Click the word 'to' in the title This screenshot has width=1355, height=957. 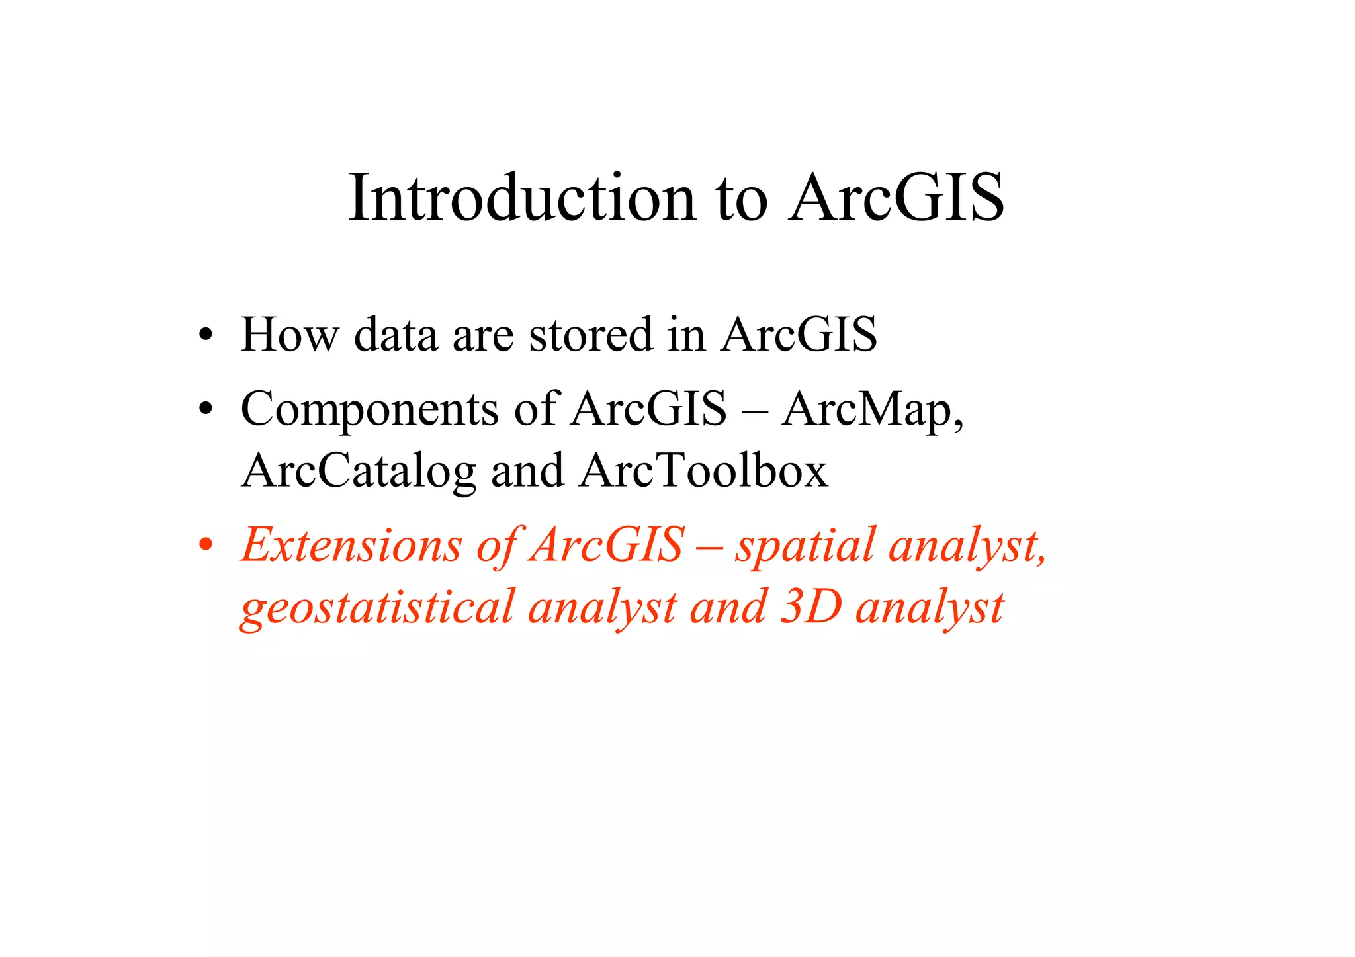tap(742, 198)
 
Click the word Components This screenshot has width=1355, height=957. tap(369, 410)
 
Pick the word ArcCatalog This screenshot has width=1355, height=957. tap(359, 472)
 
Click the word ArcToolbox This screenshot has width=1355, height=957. tap(703, 471)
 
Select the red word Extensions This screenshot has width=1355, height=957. tap(351, 546)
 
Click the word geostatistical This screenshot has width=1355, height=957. tap(377, 608)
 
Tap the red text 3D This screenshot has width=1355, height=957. tap(810, 606)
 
